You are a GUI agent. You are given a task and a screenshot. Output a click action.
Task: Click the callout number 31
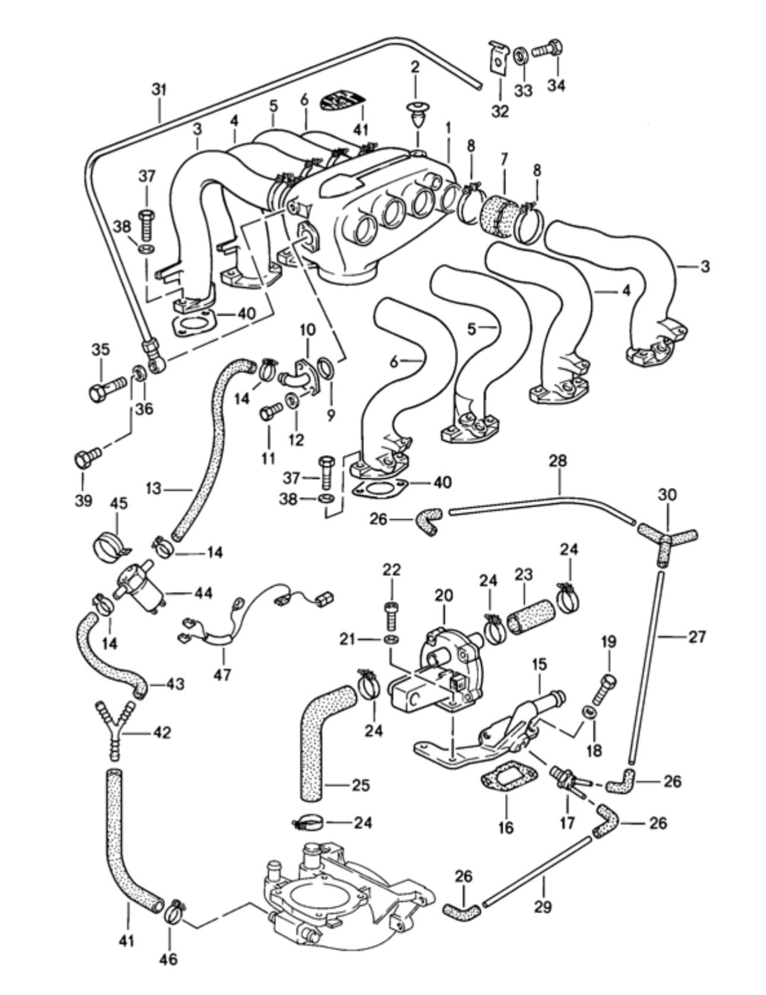(159, 90)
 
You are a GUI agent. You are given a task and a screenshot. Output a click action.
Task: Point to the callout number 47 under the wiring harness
(224, 674)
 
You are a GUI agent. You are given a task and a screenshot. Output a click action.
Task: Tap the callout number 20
(444, 595)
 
